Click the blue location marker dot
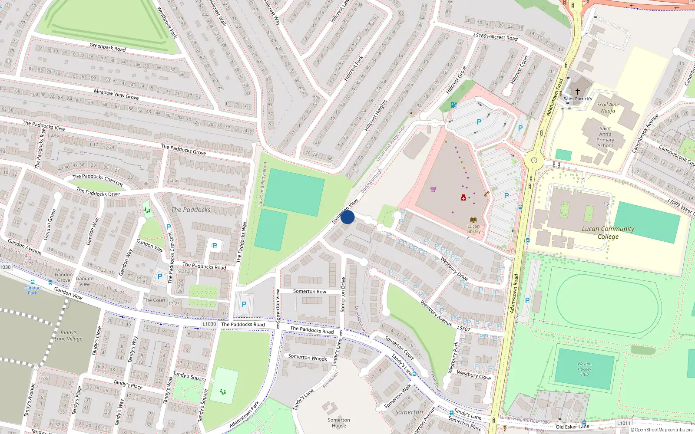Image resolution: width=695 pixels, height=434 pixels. click(347, 217)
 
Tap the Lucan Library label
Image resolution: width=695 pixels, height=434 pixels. click(473, 229)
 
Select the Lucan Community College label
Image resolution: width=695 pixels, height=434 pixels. click(608, 233)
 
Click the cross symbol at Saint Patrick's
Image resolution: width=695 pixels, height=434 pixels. click(578, 92)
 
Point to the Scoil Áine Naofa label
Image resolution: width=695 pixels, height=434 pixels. click(608, 108)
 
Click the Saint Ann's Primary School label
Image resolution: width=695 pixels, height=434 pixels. click(605, 137)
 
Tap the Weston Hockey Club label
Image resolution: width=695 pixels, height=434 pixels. click(584, 369)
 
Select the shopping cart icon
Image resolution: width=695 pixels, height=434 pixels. click(434, 189)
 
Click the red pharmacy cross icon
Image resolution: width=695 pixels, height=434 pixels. click(463, 198)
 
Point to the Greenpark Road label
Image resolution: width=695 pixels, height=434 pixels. click(107, 47)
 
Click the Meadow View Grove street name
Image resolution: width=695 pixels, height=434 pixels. click(116, 94)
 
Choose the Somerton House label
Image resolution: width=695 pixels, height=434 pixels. click(339, 423)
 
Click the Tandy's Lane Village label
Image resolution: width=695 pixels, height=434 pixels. click(68, 335)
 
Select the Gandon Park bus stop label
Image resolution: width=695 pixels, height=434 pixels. click(33, 290)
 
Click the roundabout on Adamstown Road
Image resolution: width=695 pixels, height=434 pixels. click(534, 161)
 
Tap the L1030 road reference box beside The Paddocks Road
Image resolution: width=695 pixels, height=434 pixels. click(209, 324)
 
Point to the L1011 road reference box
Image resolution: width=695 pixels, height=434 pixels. click(624, 423)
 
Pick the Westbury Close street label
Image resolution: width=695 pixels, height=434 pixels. click(473, 375)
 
